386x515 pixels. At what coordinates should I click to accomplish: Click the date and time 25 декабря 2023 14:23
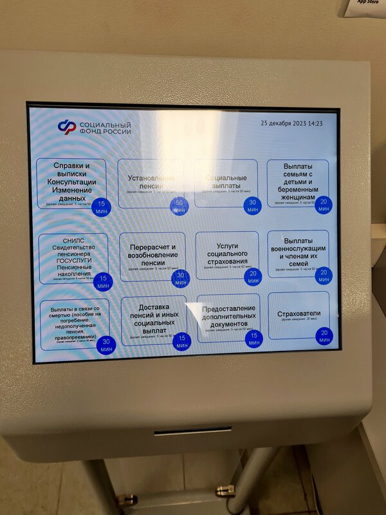coord(291,123)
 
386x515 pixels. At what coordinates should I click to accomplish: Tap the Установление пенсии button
coord(150,182)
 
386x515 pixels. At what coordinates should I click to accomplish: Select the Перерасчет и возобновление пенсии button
coord(152,255)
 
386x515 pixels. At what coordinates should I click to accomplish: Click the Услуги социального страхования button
coord(227,254)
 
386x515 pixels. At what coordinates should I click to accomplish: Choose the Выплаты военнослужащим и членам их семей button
coord(297,252)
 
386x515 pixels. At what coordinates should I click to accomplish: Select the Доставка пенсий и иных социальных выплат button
coord(153,320)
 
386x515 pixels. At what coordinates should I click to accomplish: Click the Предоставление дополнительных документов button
coord(228,317)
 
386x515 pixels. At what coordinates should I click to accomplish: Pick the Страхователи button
coord(298,315)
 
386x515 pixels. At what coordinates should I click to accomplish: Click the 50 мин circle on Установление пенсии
coord(179,207)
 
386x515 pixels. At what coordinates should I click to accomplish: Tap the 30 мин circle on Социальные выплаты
coord(252,206)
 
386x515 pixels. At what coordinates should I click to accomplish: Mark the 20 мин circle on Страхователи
coord(324,335)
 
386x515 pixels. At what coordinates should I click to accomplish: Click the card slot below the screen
coord(192,431)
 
